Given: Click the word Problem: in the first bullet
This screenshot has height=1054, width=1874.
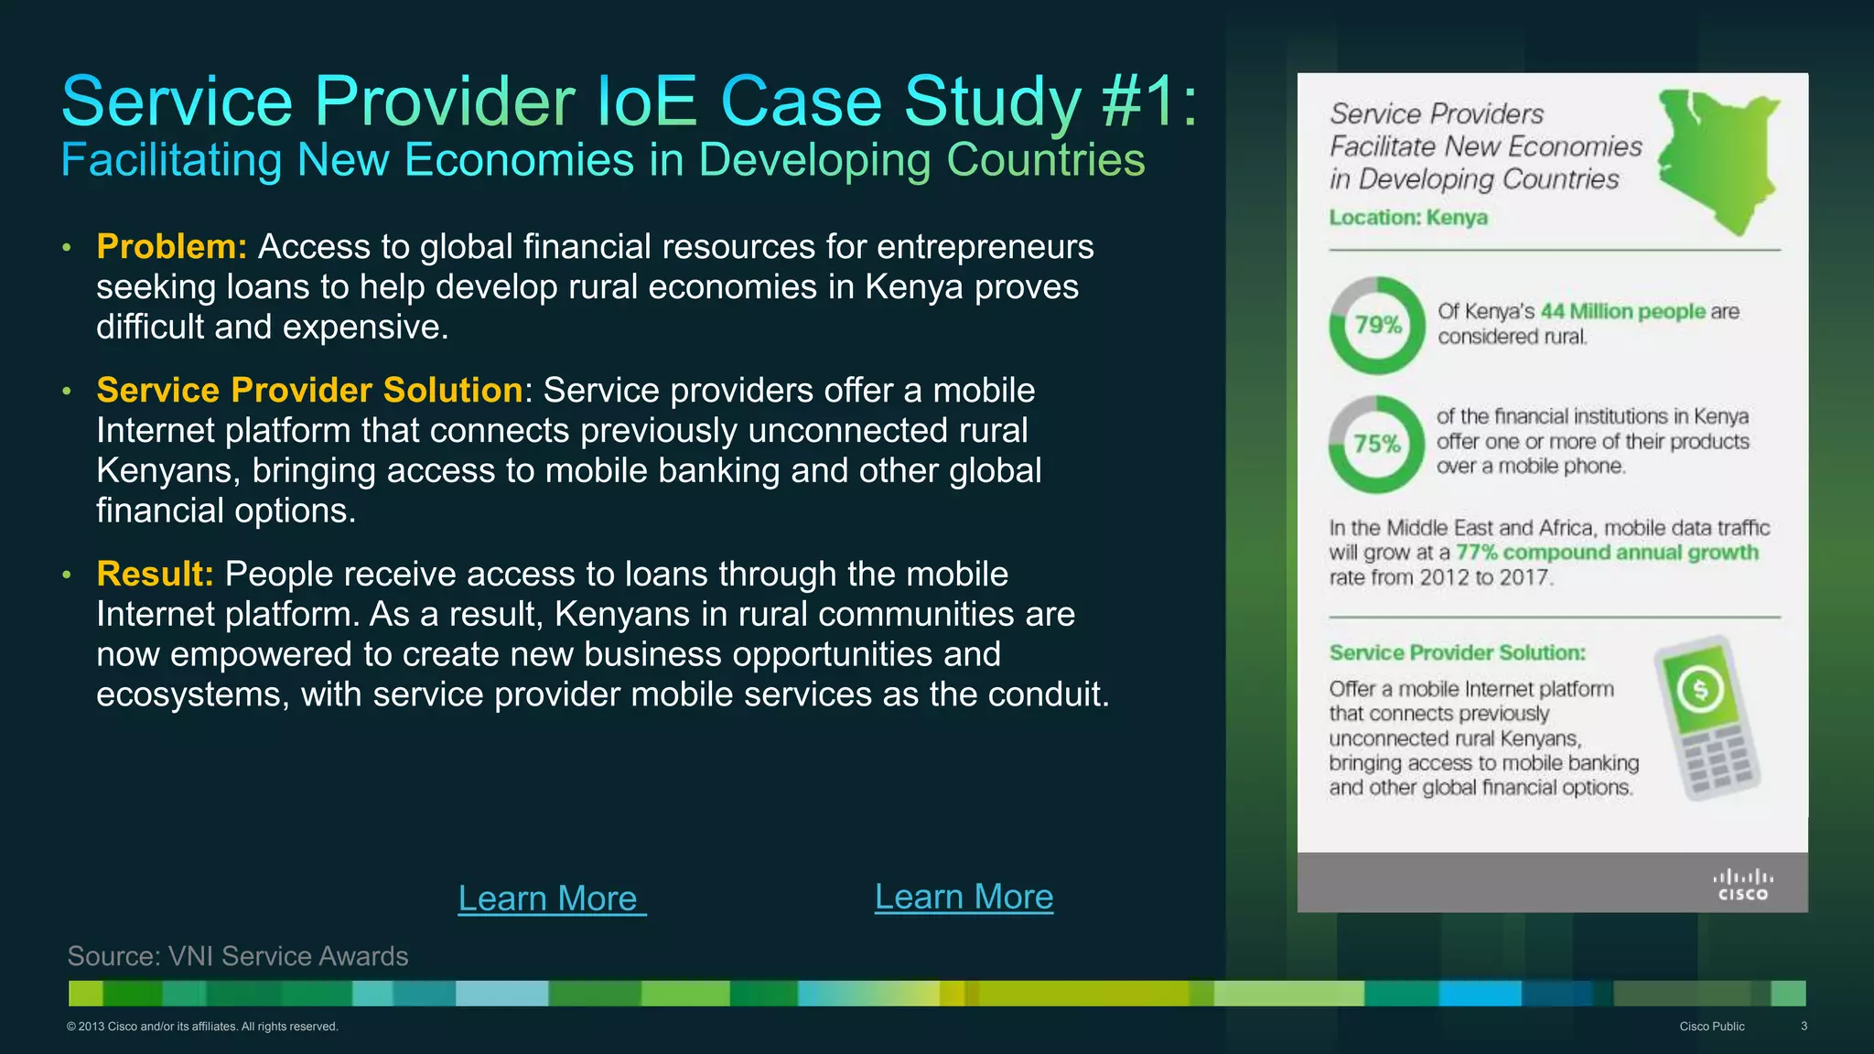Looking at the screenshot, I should click(x=171, y=247).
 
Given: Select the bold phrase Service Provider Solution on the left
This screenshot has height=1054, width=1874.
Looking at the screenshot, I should click(x=309, y=391).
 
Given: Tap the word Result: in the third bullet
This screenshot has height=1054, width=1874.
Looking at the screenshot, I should click(x=155, y=575).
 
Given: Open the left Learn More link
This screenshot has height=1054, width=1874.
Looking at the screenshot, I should click(x=551, y=898).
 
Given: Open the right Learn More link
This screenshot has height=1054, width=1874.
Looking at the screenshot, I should click(x=964, y=897).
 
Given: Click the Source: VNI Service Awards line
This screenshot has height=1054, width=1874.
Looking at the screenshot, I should click(x=238, y=956).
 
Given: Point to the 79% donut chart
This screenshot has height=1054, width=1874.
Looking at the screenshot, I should click(x=1377, y=325).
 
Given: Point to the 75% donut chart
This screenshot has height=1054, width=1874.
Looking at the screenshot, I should click(x=1377, y=445).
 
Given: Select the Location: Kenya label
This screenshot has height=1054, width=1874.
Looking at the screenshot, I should click(x=1408, y=218).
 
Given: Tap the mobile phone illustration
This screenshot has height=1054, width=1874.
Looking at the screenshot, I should click(x=1707, y=719).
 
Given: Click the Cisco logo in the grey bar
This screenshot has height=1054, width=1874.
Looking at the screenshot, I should click(x=1742, y=885).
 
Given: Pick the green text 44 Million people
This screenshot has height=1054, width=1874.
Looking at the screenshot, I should click(x=1622, y=311).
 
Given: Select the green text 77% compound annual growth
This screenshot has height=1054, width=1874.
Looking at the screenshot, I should click(x=1607, y=553).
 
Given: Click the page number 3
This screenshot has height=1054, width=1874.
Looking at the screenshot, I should click(x=1804, y=1027).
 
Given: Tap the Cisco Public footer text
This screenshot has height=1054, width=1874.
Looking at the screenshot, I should click(x=1711, y=1027).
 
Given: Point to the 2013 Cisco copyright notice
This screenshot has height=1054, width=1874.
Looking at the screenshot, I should click(x=202, y=1027).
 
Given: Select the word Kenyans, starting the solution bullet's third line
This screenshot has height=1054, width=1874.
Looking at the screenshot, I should click(x=169, y=471).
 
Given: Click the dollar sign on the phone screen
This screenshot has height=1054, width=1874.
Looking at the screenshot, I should click(x=1700, y=690).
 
